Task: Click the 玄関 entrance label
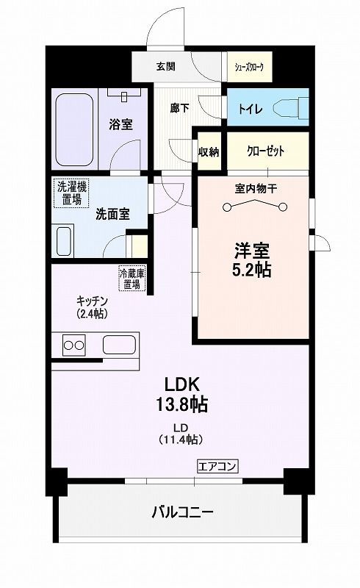[x=165, y=67]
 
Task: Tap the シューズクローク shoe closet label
[x=249, y=68]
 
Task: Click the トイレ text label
[x=251, y=110]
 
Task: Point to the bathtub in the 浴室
[x=74, y=130]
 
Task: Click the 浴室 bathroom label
[x=120, y=124]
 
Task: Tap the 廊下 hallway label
[x=179, y=108]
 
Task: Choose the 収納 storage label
[x=209, y=152]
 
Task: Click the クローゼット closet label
[x=265, y=151]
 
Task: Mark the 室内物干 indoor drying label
[x=256, y=189]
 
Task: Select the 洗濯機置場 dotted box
[x=71, y=193]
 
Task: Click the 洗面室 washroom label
[x=113, y=214]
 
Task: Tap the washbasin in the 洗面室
[x=64, y=241]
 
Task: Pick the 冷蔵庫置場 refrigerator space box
[x=132, y=279]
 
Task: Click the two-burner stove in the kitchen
[x=73, y=345]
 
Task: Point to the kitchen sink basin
[x=119, y=345]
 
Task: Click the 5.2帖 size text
[x=251, y=270]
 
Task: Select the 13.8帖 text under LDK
[x=182, y=404]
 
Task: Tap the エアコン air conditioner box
[x=217, y=466]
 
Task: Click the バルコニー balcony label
[x=183, y=512]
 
